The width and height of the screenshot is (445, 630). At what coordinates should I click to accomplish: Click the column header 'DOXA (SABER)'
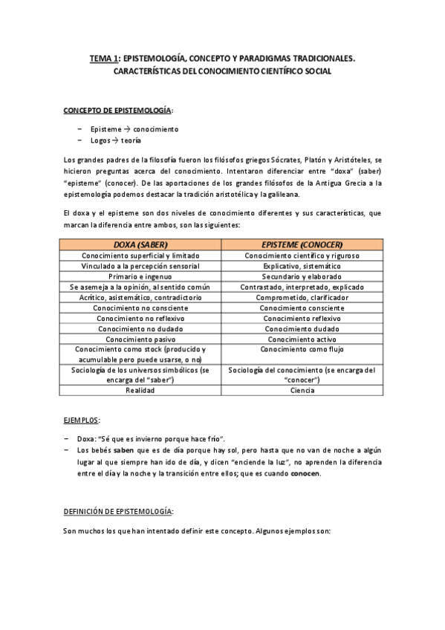click(x=140, y=244)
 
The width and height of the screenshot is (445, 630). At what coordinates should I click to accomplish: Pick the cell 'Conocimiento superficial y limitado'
click(x=140, y=255)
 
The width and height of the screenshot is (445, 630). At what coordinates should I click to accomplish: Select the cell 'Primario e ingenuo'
click(x=140, y=276)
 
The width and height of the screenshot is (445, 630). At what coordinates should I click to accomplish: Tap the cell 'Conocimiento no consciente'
click(x=140, y=307)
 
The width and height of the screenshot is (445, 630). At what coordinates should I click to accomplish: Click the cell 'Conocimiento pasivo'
click(x=140, y=338)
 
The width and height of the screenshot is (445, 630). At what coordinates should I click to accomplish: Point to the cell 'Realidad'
click(x=140, y=389)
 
